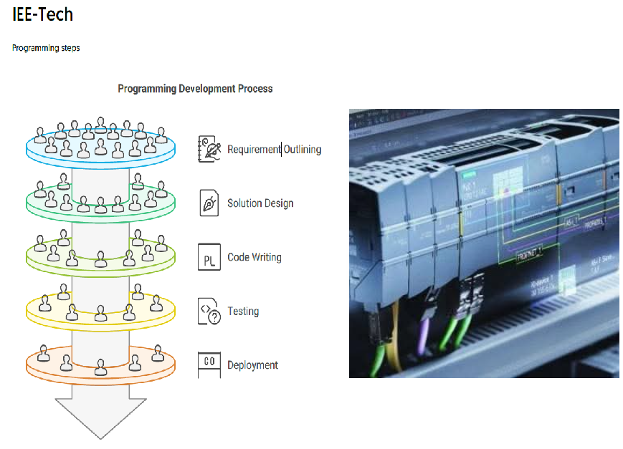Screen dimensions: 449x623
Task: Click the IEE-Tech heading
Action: (43, 14)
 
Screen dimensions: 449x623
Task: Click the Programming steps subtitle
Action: (46, 48)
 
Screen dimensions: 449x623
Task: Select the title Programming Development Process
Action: (195, 89)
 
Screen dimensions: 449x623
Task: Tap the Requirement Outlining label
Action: (274, 149)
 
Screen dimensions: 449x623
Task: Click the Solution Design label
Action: (260, 203)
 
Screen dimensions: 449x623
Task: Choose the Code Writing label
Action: (254, 257)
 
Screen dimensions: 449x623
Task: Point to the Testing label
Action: (243, 312)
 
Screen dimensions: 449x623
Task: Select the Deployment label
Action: (252, 365)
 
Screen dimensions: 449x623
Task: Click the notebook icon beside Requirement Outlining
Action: (209, 149)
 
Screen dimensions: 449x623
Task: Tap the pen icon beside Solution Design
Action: (209, 203)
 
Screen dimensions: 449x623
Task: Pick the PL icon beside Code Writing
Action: (209, 257)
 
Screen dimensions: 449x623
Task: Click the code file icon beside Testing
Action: (209, 312)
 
